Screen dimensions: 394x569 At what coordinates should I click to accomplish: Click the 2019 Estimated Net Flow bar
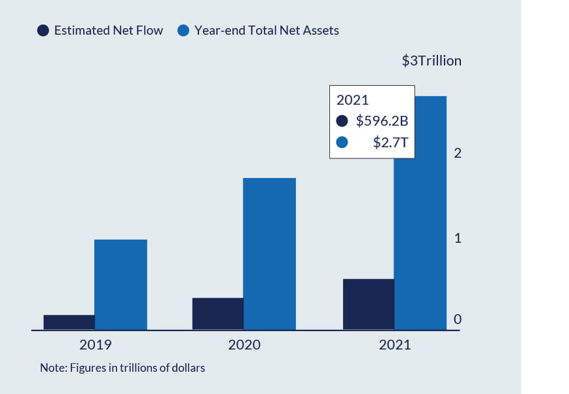[x=69, y=322]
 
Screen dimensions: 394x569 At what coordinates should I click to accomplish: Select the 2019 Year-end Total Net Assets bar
[x=120, y=284]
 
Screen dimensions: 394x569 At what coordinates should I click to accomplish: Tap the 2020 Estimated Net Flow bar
[x=217, y=313]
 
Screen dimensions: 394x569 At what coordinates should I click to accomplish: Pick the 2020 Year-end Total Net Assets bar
[x=269, y=253]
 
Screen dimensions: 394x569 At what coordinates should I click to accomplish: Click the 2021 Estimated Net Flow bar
[x=369, y=304]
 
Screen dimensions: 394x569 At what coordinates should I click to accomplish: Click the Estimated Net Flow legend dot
[x=43, y=30]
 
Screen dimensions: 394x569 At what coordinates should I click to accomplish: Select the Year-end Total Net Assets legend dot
[x=184, y=30]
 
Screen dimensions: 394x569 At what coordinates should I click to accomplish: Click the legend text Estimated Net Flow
[x=108, y=30]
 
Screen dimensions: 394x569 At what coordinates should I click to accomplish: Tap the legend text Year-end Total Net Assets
[x=266, y=30]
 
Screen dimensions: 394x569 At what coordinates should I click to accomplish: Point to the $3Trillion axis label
[x=431, y=61]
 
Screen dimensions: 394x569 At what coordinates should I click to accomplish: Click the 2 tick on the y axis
[x=458, y=153]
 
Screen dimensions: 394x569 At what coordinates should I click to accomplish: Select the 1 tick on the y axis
[x=458, y=238]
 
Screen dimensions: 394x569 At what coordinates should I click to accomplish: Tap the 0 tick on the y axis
[x=458, y=319]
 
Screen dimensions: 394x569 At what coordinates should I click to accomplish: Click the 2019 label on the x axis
[x=96, y=345]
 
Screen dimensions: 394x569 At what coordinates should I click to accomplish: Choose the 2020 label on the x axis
[x=244, y=345]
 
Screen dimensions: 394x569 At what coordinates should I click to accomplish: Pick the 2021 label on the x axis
[x=395, y=345]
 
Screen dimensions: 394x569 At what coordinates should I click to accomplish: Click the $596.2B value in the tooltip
[x=382, y=121]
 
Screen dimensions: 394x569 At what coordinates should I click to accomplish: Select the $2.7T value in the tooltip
[x=390, y=142]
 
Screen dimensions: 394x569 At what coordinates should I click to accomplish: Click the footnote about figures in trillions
[x=122, y=368]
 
